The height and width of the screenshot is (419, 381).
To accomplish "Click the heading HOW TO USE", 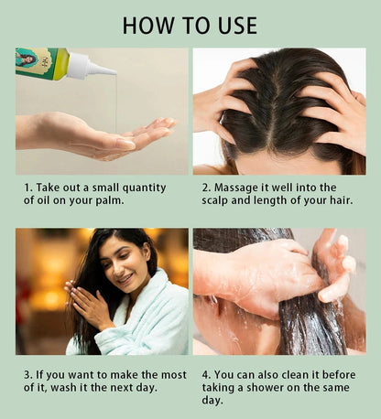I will [x=190, y=24].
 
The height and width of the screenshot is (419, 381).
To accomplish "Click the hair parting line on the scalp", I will [x=275, y=105].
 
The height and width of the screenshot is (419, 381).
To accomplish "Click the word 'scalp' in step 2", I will [x=219, y=201].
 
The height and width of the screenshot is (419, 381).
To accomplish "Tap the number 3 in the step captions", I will [x=27, y=375].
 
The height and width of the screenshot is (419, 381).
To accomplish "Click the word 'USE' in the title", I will [x=230, y=24].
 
